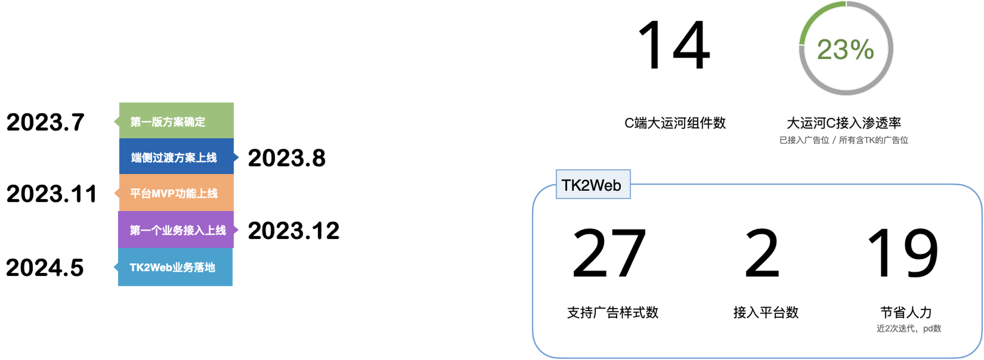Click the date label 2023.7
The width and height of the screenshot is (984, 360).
click(45, 122)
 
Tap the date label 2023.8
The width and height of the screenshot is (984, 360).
click(287, 158)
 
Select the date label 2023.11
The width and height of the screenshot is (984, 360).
click(52, 194)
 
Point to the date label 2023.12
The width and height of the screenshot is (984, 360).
click(294, 231)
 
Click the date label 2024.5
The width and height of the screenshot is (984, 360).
click(45, 268)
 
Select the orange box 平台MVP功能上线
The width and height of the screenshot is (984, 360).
click(175, 193)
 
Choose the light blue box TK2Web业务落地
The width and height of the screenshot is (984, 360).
click(174, 267)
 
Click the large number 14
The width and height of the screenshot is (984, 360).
click(674, 45)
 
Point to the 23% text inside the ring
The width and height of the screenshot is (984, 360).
click(846, 49)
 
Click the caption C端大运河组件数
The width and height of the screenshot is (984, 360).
click(675, 123)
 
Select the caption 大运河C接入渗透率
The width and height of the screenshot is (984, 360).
click(844, 123)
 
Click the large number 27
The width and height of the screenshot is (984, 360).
click(609, 253)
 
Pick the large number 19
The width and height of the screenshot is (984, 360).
click(903, 253)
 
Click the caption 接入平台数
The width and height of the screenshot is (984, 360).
click(766, 312)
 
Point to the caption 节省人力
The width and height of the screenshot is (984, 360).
click(906, 312)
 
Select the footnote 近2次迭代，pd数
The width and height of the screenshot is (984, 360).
click(909, 329)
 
